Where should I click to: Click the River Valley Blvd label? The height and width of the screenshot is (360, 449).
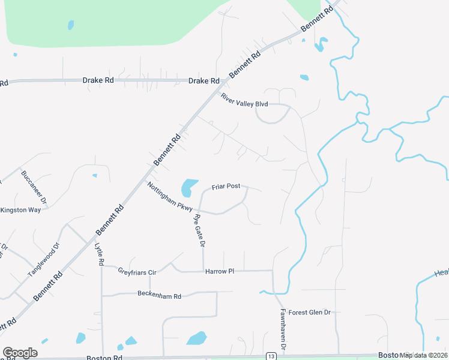click(244, 100)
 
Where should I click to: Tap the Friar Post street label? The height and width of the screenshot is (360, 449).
click(226, 187)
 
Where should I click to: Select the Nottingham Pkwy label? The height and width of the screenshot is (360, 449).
click(170, 197)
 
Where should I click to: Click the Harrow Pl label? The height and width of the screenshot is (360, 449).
click(219, 272)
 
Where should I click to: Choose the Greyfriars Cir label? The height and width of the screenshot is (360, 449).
click(137, 272)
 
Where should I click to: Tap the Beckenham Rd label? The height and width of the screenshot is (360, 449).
click(159, 295)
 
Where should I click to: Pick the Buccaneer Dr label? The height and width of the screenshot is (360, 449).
click(34, 186)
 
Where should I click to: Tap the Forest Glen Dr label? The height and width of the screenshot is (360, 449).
click(310, 313)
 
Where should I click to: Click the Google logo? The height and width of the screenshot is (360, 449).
click(20, 353)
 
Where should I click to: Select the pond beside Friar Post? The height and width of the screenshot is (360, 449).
click(189, 187)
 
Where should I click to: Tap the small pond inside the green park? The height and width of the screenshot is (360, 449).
click(71, 25)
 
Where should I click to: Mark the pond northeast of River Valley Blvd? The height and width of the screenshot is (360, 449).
click(304, 77)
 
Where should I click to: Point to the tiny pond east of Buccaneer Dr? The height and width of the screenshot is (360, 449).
click(94, 176)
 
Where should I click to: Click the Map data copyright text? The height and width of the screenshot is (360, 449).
click(424, 355)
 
